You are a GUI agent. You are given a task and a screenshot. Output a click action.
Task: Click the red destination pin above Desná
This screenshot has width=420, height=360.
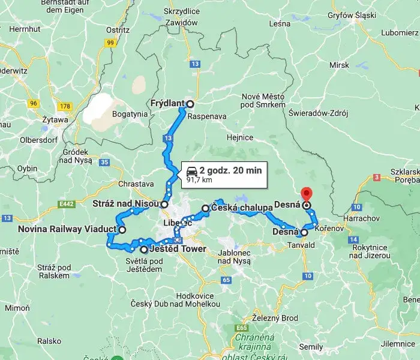tap(307, 194)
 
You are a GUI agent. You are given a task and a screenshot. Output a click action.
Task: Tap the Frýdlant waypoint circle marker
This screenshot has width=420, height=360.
tap(190, 103)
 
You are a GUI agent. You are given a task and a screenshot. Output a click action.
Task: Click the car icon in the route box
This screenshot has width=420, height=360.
tap(191, 170)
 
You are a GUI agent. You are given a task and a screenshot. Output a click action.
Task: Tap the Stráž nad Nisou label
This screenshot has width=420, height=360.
tap(125, 204)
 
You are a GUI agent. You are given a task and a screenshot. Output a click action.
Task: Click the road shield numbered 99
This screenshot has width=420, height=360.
tap(110, 43)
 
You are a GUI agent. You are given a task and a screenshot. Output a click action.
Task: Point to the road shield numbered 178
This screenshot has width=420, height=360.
tap(65, 107)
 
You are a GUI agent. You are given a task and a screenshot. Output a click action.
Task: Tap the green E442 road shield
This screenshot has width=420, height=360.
tap(66, 204)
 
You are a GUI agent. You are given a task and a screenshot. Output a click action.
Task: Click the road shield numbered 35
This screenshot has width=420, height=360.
tap(106, 162)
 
